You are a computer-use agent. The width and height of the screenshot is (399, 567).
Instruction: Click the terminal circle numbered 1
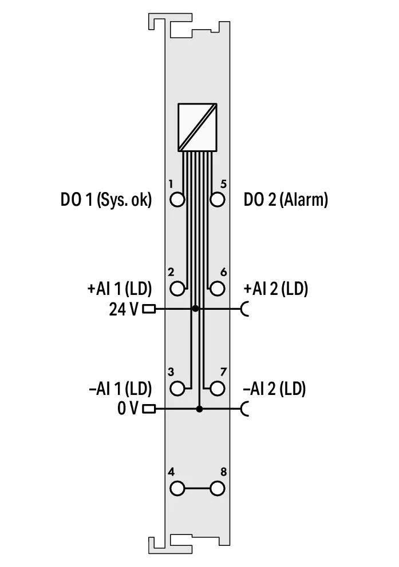(177, 199)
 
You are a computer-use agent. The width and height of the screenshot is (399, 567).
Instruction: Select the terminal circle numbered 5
(217, 199)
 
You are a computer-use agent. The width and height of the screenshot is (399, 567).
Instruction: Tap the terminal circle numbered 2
(177, 289)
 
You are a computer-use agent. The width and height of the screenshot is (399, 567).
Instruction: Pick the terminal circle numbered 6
(217, 289)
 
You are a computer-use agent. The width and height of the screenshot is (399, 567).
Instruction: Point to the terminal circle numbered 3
(177, 389)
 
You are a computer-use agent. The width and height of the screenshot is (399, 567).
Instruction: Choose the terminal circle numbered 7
(217, 389)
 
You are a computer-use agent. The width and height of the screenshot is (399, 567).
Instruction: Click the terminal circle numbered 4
(177, 489)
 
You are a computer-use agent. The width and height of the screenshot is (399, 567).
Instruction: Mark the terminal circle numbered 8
(217, 489)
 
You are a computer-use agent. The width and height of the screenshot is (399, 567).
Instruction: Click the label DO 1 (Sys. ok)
(106, 199)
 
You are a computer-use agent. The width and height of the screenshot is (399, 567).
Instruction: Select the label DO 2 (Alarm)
(286, 199)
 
